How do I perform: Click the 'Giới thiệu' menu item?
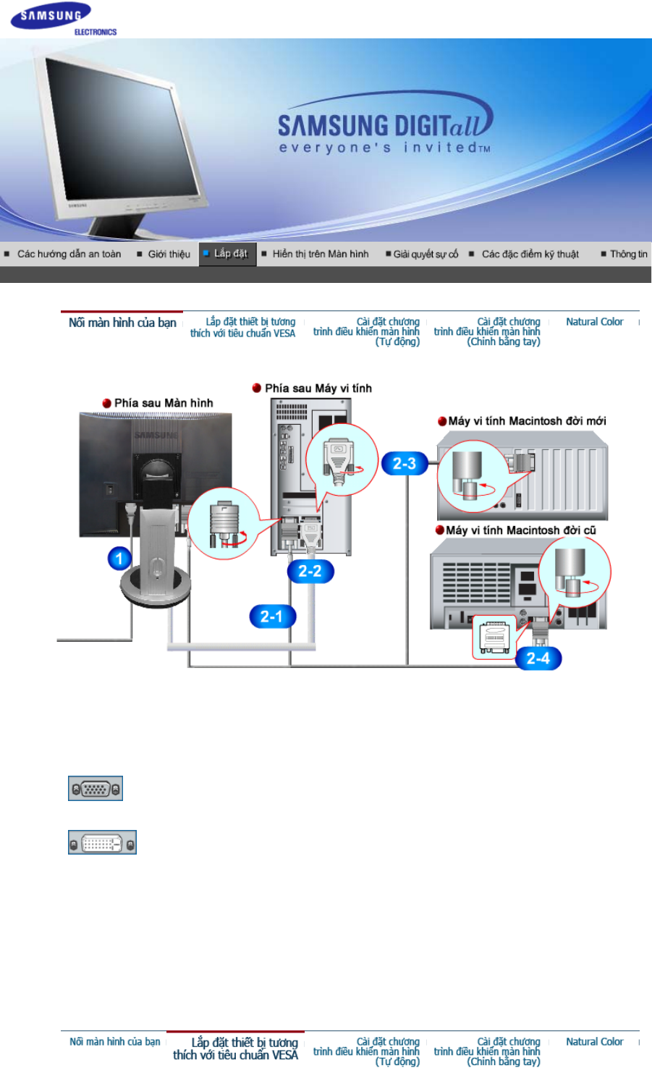(169, 254)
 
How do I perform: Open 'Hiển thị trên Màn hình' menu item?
(320, 254)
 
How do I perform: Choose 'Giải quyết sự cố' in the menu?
(426, 254)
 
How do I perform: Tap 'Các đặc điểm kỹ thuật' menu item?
(530, 254)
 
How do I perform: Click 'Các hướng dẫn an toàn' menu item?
(69, 254)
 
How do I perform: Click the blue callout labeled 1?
(120, 558)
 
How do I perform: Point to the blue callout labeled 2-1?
(271, 617)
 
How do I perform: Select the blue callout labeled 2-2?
(310, 571)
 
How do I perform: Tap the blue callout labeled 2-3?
(404, 463)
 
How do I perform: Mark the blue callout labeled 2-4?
(538, 658)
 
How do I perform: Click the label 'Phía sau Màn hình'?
(164, 403)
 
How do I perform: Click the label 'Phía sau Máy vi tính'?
(318, 389)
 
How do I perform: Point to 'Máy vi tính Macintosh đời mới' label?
(527, 421)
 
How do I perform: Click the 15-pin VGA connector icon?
(96, 789)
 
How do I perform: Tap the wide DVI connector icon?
(102, 843)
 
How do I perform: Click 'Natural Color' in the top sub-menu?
(594, 322)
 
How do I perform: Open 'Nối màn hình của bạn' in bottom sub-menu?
(114, 1042)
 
